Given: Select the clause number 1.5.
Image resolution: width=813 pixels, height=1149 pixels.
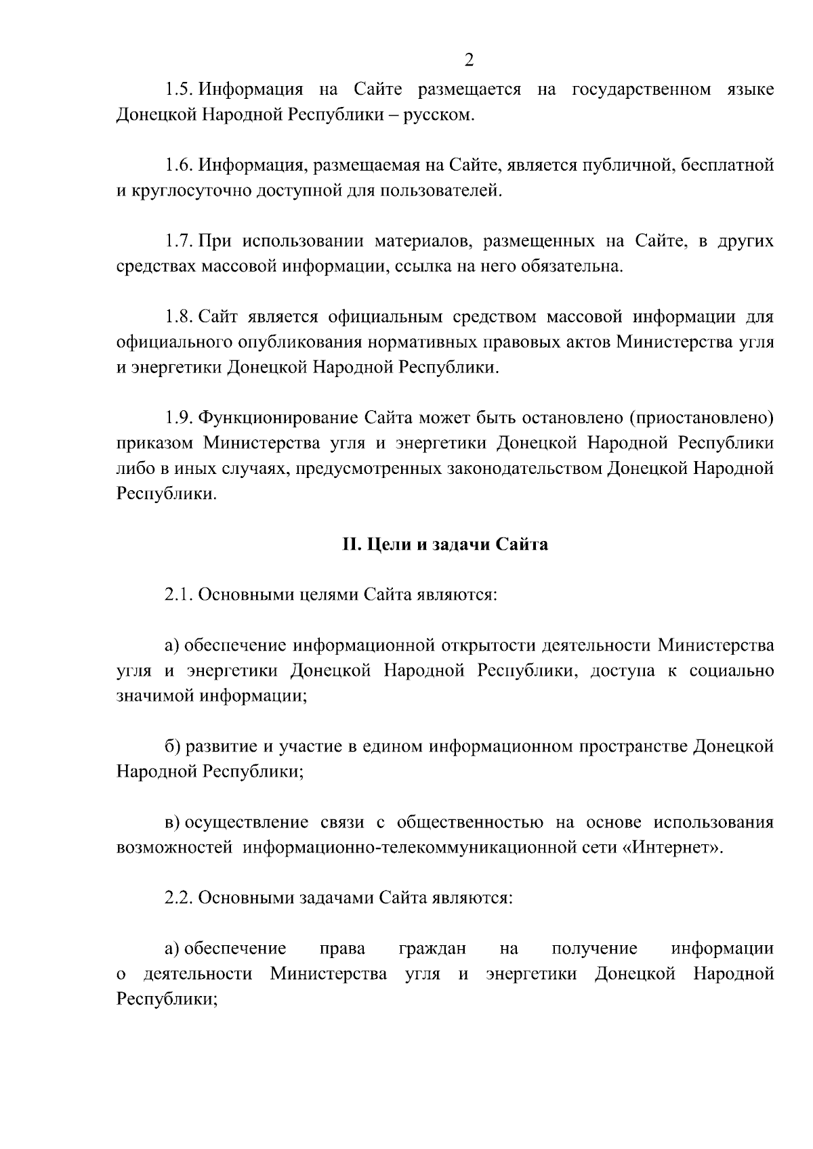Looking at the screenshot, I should [179, 89].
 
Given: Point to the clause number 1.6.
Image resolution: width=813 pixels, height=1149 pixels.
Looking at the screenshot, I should [179, 165].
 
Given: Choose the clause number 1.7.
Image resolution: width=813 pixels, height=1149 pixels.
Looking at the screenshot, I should [179, 242].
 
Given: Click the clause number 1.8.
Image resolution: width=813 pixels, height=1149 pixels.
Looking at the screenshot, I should [179, 318].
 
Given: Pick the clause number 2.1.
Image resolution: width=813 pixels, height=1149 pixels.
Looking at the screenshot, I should [179, 595].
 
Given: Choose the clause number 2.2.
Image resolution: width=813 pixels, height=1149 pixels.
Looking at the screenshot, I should [179, 898].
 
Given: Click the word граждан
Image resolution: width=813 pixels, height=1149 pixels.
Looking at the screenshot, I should [432, 949].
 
